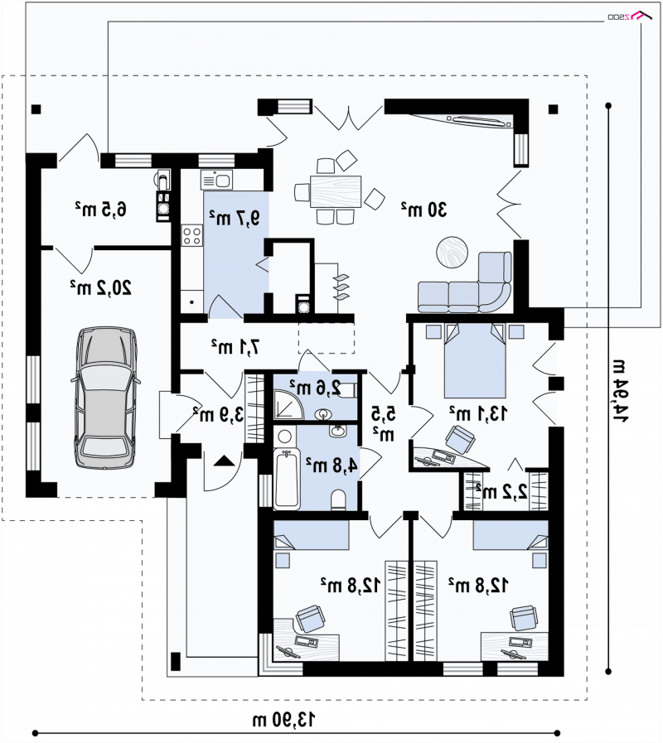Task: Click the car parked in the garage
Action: pyautogui.click(x=105, y=398)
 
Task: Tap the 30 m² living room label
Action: pyautogui.click(x=424, y=209)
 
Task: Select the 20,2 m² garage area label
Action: pyautogui.click(x=100, y=287)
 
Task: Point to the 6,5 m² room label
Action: pyautogui.click(x=100, y=209)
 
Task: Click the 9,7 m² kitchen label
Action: pyautogui.click(x=235, y=218)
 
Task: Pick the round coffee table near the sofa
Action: pyautogui.click(x=452, y=252)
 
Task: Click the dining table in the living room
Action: pyautogui.click(x=336, y=191)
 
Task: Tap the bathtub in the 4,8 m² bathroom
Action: pyautogui.click(x=287, y=479)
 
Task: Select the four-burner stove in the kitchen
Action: pyautogui.click(x=192, y=236)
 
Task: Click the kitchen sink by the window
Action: pyautogui.click(x=217, y=181)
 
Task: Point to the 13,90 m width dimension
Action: pyautogui.click(x=283, y=720)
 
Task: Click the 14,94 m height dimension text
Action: pyautogui.click(x=620, y=391)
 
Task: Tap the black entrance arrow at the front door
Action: pyautogui.click(x=224, y=461)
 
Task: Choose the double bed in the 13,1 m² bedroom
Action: pyautogui.click(x=475, y=360)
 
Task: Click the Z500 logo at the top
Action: pyautogui.click(x=627, y=16)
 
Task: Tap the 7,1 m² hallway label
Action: pyautogui.click(x=235, y=347)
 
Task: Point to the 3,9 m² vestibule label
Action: pyautogui.click(x=219, y=415)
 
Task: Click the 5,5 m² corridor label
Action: pyautogui.click(x=383, y=422)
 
